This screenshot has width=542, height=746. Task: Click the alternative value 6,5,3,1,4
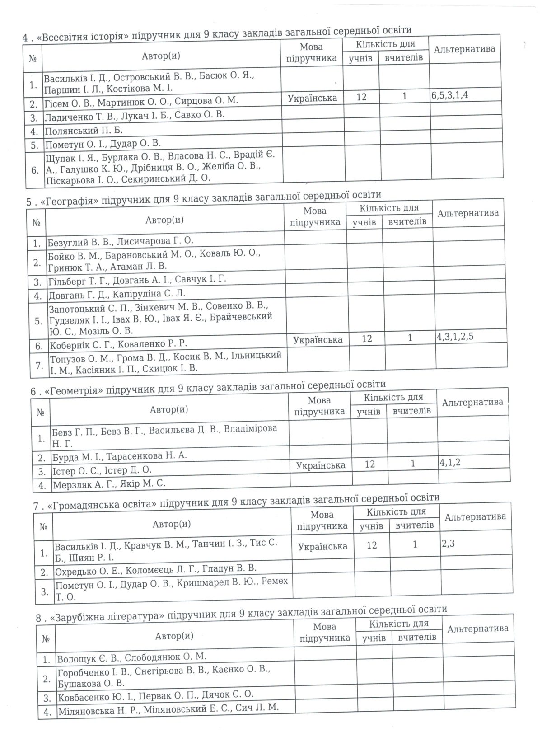click(x=453, y=96)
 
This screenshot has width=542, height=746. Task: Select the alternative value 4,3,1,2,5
click(x=455, y=337)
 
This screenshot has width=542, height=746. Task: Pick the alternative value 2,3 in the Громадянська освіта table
click(x=449, y=543)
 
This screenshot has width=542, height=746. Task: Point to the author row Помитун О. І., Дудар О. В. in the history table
click(x=103, y=144)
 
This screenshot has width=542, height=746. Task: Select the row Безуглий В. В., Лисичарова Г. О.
click(x=120, y=241)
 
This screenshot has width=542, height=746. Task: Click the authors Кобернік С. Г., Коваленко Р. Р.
click(x=117, y=344)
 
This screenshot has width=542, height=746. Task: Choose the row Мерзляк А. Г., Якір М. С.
click(x=108, y=483)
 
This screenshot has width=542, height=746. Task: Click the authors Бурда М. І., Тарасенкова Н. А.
click(x=119, y=455)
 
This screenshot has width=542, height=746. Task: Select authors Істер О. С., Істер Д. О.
click(x=102, y=470)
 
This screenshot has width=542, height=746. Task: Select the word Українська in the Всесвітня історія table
click(x=312, y=98)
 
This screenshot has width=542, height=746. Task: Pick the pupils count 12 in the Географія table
click(x=367, y=338)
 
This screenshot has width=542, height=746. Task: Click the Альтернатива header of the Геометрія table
click(x=472, y=402)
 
